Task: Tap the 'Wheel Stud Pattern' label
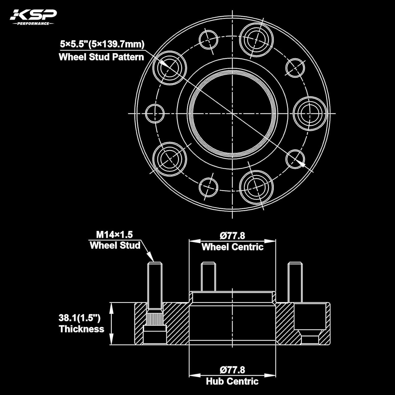101,57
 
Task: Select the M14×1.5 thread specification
114,234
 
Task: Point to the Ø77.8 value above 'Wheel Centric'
232,236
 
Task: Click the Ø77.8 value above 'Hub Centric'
232,370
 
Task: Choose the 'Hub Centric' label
232,381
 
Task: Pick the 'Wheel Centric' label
232,247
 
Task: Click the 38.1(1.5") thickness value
80,318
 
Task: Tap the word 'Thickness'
82,329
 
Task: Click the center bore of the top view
233,113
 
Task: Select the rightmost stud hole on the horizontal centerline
310,113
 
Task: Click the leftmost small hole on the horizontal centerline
155,113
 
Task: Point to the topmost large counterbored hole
256,40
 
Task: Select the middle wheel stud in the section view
208,276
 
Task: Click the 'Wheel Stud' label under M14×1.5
115,245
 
